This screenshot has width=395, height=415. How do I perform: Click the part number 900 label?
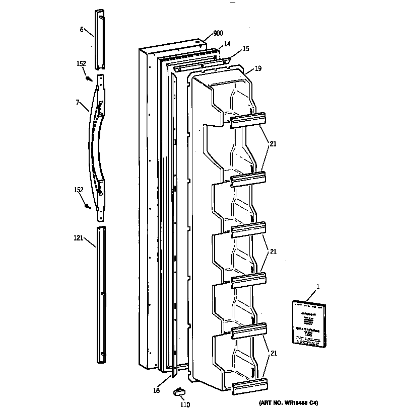coord(218,33)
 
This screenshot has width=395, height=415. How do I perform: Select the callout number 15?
coord(245,49)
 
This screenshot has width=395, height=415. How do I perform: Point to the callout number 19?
coord(257,68)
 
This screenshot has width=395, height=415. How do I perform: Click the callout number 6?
coord(82,30)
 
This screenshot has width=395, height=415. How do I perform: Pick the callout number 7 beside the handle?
coord(78,103)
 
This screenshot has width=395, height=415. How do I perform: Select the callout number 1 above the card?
coord(317,287)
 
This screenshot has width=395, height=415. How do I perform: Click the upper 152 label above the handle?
coord(81,63)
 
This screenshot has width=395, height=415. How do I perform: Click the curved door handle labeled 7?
coord(99,146)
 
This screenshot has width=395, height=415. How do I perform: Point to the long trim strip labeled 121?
coord(101,294)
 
